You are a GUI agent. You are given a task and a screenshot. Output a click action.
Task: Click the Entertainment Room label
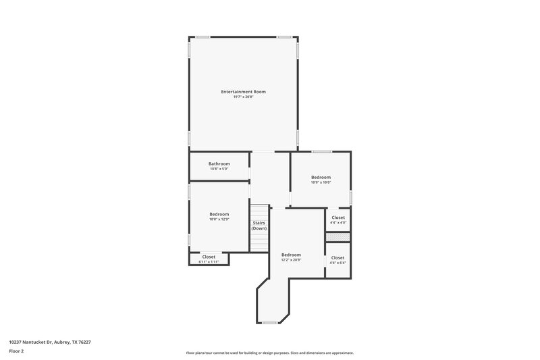[243, 91]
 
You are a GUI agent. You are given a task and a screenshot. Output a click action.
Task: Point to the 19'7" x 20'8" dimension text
[243, 97]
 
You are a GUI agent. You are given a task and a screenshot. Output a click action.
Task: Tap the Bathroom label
[219, 163]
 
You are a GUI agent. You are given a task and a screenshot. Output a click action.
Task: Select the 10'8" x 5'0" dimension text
[219, 169]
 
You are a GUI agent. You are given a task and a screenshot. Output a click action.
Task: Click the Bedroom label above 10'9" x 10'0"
[321, 177]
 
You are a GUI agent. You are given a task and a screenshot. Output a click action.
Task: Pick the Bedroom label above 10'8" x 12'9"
[219, 214]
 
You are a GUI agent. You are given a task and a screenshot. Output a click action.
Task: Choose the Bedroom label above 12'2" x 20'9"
[291, 255]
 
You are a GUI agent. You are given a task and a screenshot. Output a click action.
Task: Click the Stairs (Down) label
[259, 226]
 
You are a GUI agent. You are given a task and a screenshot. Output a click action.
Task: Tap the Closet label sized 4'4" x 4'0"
[338, 217]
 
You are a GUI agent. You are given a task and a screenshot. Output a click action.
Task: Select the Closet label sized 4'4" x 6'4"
[338, 257]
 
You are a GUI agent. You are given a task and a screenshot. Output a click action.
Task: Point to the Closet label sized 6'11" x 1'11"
[209, 257]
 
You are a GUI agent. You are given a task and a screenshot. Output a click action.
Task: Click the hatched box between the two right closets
[338, 238]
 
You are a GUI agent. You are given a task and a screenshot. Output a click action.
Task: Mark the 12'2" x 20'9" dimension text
[291, 260]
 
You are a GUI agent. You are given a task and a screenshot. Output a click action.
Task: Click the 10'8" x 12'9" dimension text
[219, 220]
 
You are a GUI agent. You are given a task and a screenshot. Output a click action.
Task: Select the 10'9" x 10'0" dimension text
[321, 182]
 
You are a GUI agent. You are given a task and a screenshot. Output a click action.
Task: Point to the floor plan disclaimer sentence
[269, 353]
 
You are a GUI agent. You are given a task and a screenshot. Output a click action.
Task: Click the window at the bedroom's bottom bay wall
[270, 323]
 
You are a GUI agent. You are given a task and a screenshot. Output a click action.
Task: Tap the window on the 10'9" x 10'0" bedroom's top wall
[322, 151]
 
